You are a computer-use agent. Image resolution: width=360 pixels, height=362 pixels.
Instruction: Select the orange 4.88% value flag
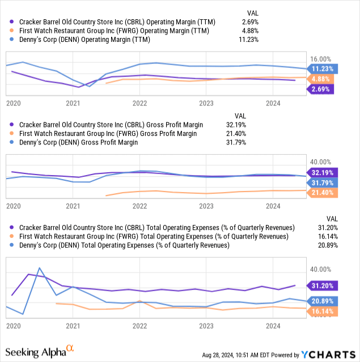321,79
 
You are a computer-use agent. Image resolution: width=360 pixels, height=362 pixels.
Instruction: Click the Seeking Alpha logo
41,352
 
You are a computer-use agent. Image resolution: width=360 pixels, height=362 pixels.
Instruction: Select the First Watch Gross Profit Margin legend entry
108,134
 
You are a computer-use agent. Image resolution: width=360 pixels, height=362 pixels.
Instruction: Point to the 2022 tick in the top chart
139,103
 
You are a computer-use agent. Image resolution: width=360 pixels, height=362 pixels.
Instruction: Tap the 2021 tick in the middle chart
73,206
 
